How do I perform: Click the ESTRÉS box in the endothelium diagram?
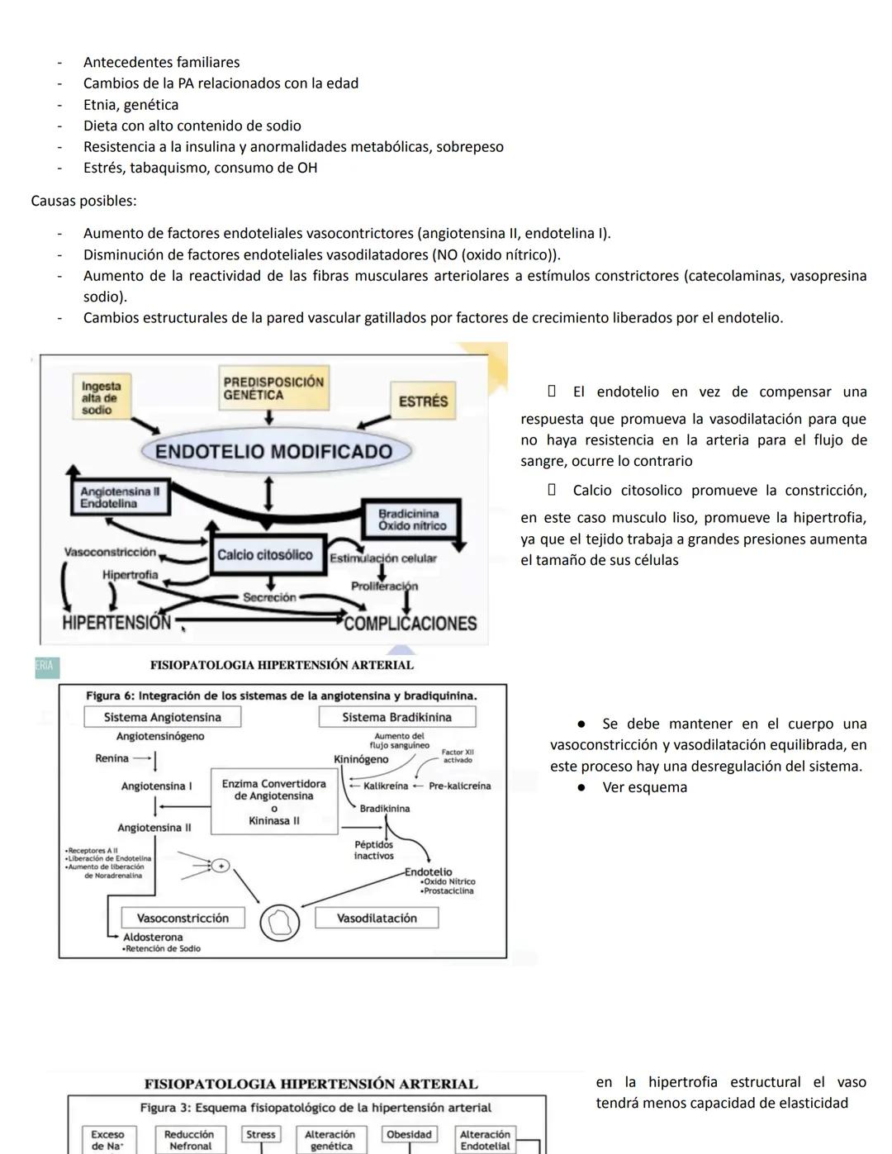[x=422, y=401]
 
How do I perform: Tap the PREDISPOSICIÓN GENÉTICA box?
[x=273, y=388]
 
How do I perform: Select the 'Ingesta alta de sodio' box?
[x=101, y=397]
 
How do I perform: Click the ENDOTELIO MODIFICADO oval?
[x=273, y=451]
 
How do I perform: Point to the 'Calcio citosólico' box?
[x=265, y=555]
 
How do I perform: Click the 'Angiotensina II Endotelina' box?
[x=117, y=497]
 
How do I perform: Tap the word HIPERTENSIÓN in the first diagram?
[x=116, y=623]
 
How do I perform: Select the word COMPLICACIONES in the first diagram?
[x=410, y=624]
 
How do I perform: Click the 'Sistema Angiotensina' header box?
[x=162, y=717]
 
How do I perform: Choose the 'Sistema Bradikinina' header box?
[x=396, y=717]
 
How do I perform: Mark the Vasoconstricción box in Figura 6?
[x=183, y=918]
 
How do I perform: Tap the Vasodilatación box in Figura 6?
[x=377, y=918]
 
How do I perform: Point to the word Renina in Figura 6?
[x=111, y=758]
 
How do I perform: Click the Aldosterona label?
[x=153, y=937]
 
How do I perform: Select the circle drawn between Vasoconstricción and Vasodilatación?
[x=280, y=922]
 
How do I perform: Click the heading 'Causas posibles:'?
[x=83, y=201]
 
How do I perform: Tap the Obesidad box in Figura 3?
[x=409, y=1134]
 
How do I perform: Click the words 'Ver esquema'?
[x=644, y=787]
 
